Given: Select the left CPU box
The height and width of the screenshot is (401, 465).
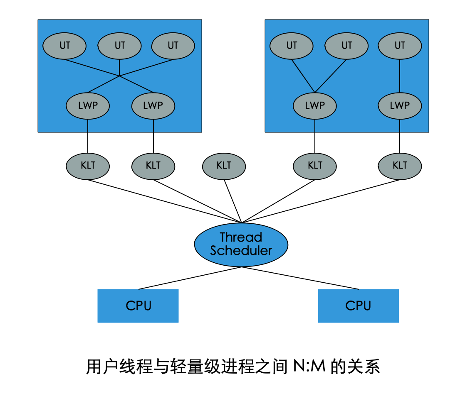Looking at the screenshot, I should pyautogui.click(x=138, y=306).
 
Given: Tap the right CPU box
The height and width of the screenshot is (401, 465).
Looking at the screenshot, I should pyautogui.click(x=358, y=306).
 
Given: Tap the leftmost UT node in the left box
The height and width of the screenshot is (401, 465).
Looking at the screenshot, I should pyautogui.click(x=64, y=46).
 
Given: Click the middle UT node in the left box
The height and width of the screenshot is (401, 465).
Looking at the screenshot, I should pyautogui.click(x=119, y=46).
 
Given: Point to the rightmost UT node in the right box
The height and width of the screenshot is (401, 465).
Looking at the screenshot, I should pyautogui.click(x=400, y=46).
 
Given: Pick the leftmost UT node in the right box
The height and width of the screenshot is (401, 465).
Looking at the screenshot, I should pyautogui.click(x=292, y=46).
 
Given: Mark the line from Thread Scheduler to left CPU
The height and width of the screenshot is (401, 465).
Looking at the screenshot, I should pyautogui.click(x=190, y=278).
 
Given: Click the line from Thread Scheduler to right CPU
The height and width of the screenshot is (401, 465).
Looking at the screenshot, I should pyautogui.click(x=300, y=278).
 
